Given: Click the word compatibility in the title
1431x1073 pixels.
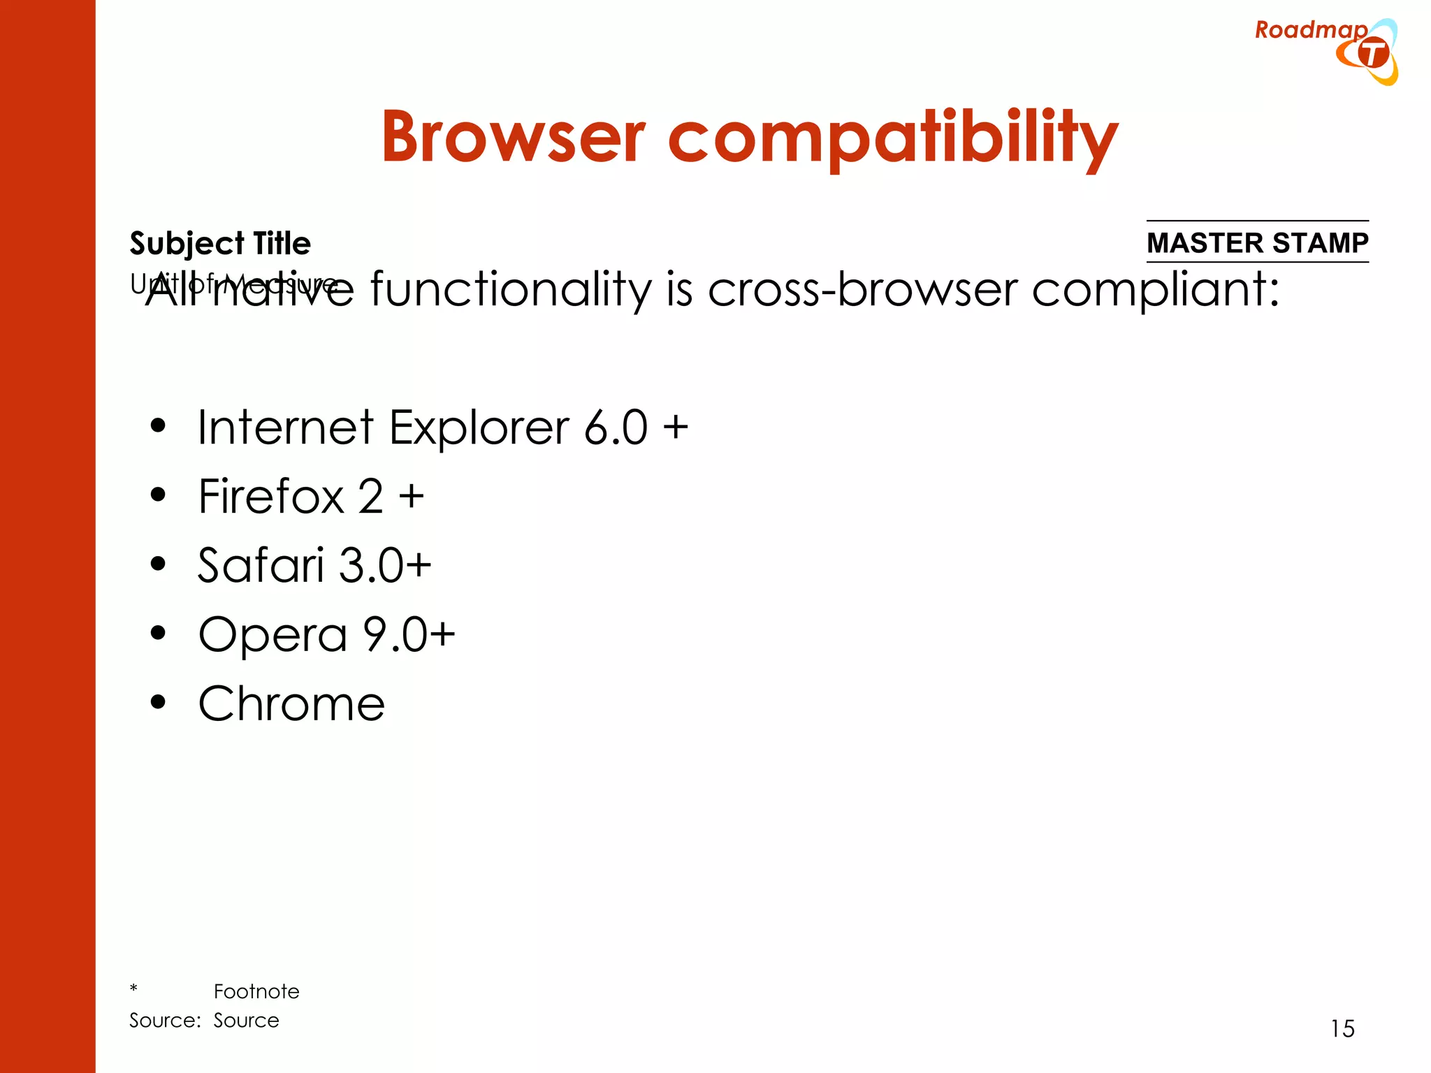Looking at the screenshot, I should [893, 138].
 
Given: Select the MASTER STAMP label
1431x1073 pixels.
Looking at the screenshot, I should [1257, 242].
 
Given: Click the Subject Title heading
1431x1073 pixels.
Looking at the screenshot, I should [220, 244].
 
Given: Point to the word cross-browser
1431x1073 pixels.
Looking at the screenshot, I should [862, 289].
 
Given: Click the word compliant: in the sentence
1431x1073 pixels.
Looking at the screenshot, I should [1156, 289].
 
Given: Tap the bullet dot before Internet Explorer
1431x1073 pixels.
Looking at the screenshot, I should [159, 425].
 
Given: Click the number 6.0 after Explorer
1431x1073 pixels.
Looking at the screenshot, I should [616, 428].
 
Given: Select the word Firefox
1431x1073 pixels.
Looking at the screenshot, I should [271, 497].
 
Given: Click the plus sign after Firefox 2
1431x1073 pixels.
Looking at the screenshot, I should [412, 497].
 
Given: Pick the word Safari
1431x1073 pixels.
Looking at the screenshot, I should [261, 564].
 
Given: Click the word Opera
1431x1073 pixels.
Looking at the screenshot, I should [273, 635].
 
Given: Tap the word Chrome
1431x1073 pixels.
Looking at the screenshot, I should [291, 703].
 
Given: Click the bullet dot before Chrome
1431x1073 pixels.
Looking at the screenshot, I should [159, 701].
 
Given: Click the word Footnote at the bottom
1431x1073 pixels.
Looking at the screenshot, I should [256, 991].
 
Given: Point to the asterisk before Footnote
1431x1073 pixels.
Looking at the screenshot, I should [133, 988].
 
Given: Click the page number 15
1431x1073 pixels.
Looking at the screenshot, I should [1342, 1028].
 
